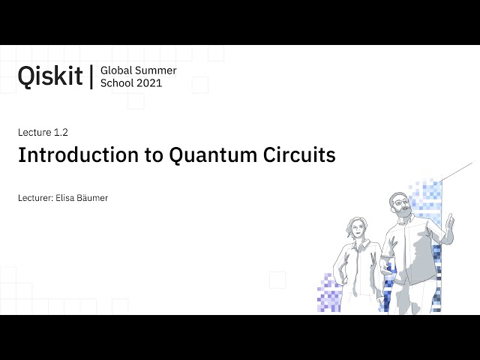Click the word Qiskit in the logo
pos(50,76)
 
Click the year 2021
pos(149,83)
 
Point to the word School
pos(117,83)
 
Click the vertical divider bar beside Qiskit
pos(91,76)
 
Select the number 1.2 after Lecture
pos(61,132)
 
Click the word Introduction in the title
pos(78,155)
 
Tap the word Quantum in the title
pos(213,155)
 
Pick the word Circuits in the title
pos(299,155)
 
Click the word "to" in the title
pos(154,155)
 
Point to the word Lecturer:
pos(35,198)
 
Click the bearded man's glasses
pos(402,202)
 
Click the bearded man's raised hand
pos(448,222)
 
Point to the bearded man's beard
pos(405,211)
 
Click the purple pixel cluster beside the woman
pos(329,293)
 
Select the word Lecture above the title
pos(34,132)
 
